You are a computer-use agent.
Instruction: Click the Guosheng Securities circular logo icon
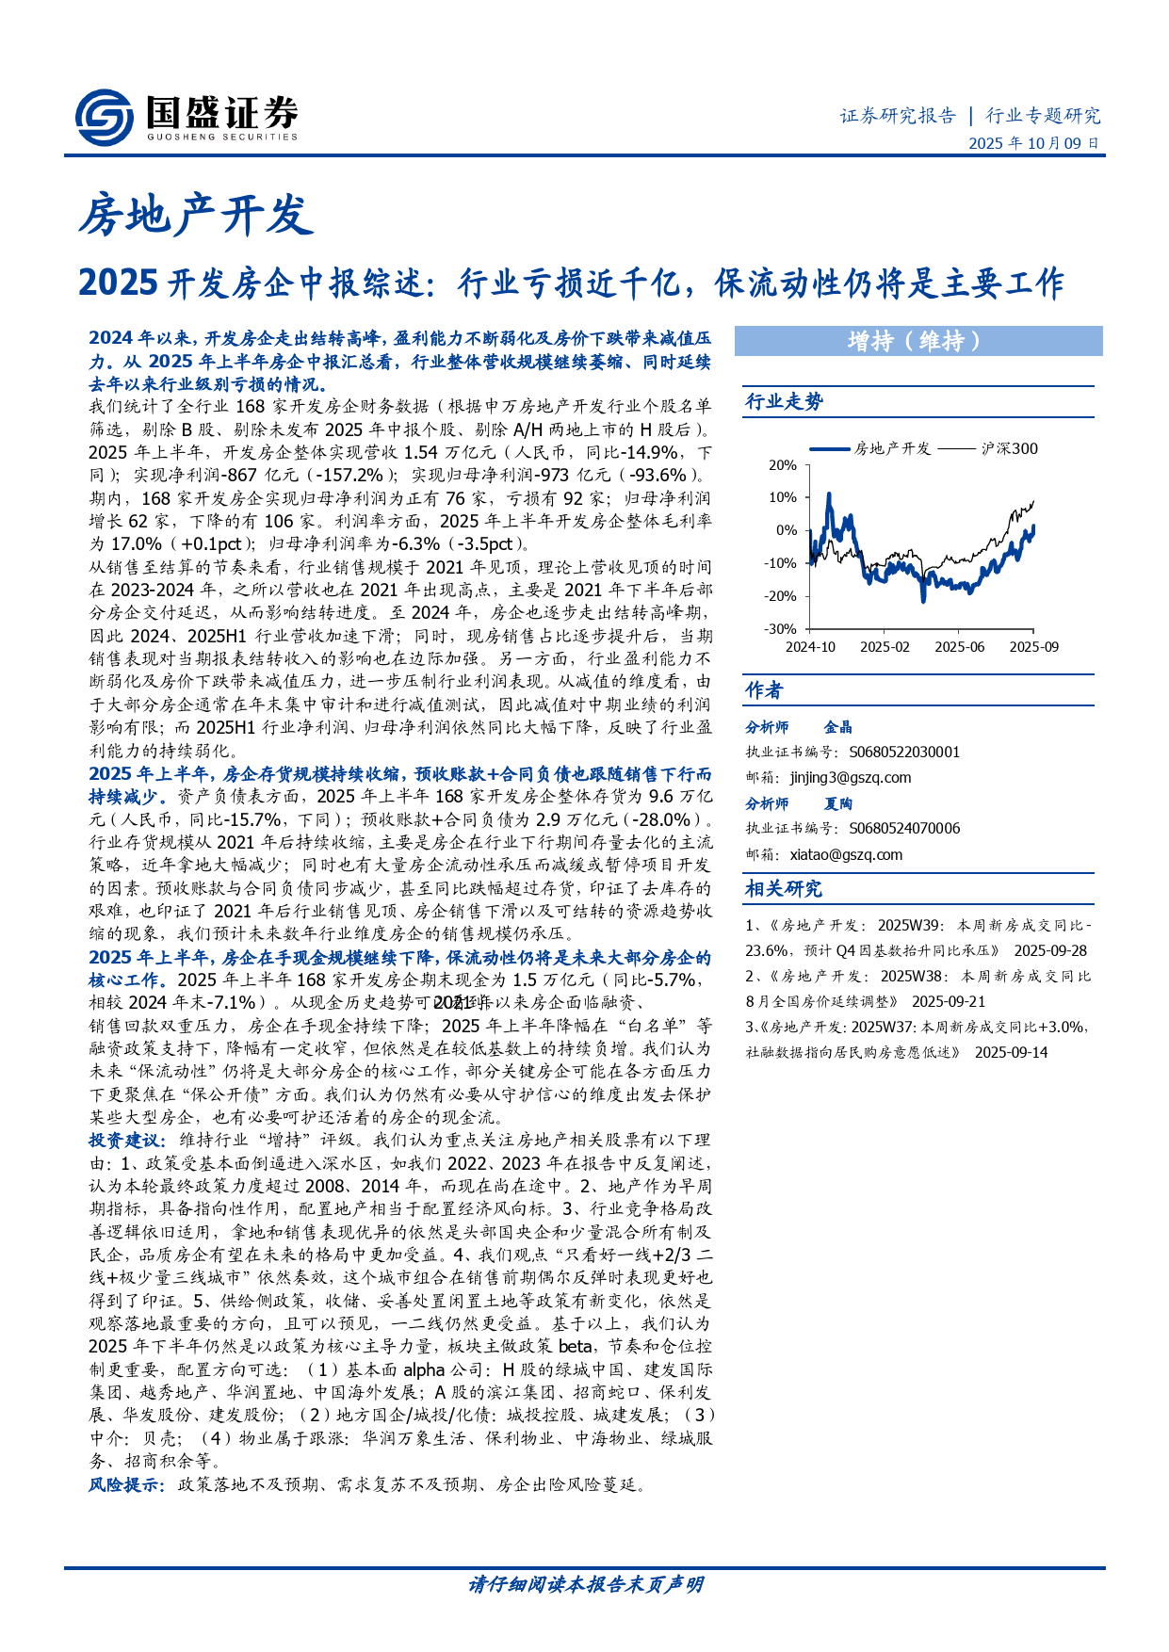(104, 117)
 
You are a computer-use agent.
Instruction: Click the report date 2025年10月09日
(1033, 144)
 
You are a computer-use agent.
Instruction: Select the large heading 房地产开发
(195, 215)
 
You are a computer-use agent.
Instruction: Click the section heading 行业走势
(784, 402)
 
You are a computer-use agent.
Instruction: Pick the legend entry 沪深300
(1009, 449)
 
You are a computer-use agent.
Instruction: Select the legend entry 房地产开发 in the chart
(891, 449)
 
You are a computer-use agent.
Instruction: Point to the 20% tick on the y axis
(783, 465)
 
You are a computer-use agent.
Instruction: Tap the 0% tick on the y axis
(787, 530)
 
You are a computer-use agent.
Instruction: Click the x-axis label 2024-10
(810, 647)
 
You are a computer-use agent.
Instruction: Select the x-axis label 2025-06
(959, 647)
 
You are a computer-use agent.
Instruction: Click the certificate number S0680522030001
(904, 753)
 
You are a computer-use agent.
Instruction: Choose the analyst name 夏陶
(837, 803)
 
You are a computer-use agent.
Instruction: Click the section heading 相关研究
(784, 889)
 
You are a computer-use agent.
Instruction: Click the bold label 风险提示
(126, 1485)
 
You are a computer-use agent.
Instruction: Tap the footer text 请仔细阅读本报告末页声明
(585, 1585)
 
